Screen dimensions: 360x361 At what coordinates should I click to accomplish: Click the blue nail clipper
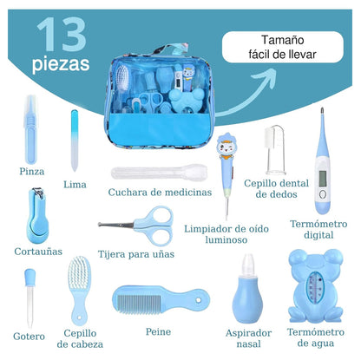[38, 219]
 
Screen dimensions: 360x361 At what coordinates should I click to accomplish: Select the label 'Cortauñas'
[38, 251]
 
